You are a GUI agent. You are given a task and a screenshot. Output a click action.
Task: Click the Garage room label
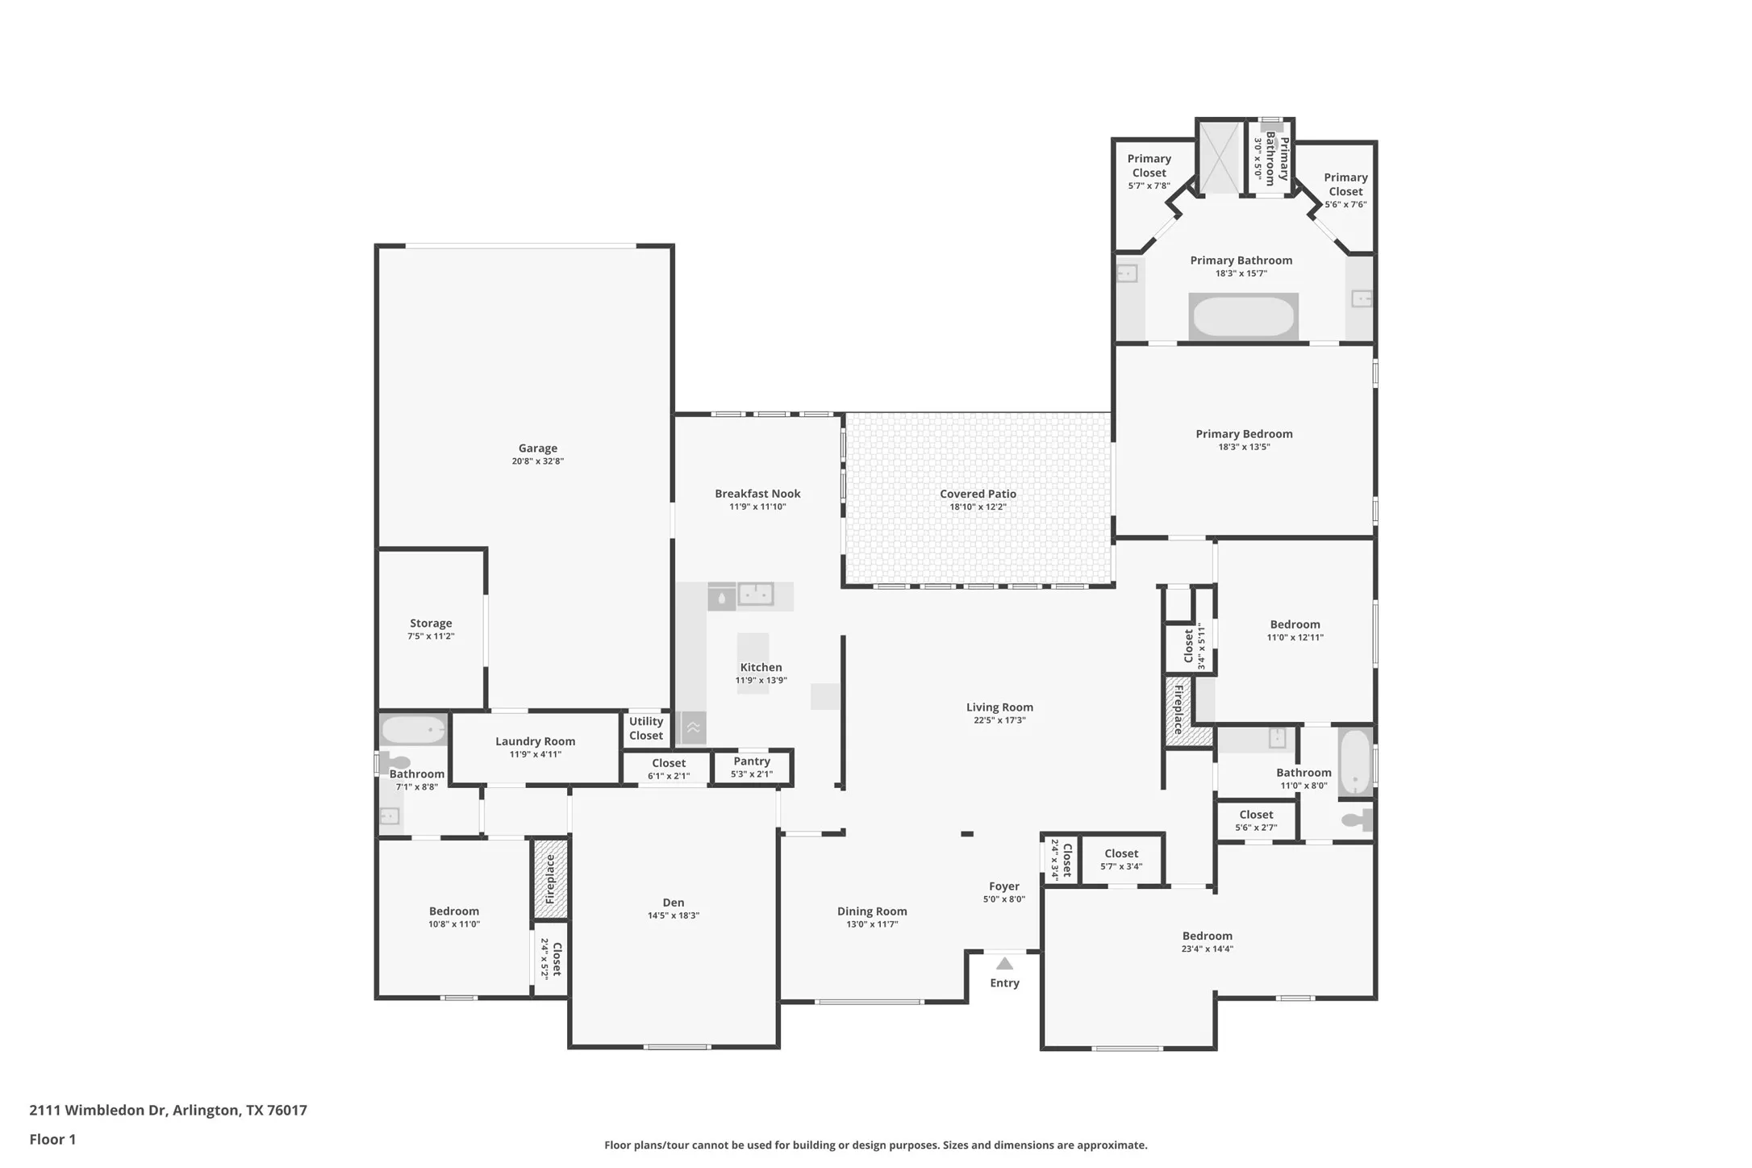point(537,448)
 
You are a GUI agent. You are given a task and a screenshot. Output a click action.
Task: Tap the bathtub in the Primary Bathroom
point(1243,317)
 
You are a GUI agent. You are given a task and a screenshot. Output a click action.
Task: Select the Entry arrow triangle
point(1004,963)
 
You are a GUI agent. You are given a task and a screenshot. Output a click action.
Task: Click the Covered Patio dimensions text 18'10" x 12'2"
point(978,507)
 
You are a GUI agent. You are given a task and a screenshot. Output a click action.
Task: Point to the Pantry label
point(752,761)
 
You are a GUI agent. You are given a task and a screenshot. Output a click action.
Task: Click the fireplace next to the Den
point(551,879)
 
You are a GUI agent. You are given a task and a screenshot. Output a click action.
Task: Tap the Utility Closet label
point(646,728)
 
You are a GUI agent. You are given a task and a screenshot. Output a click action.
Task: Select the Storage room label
point(431,624)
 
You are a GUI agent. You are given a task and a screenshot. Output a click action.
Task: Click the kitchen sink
point(756,595)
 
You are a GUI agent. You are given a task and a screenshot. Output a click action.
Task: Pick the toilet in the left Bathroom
point(396,761)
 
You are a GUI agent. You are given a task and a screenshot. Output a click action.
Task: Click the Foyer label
point(1004,886)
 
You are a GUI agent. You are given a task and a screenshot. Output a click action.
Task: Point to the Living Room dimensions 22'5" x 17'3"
point(999,720)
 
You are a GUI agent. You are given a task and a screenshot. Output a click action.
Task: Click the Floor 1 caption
point(52,1139)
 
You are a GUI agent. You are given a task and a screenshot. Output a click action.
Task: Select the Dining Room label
point(872,911)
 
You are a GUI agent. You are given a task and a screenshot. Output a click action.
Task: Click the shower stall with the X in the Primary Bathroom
point(1220,158)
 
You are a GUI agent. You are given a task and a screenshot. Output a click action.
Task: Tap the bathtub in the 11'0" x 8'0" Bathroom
point(1355,762)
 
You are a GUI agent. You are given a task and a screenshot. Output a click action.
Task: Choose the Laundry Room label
point(536,741)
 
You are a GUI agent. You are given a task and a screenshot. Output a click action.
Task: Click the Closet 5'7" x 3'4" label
point(1121,853)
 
